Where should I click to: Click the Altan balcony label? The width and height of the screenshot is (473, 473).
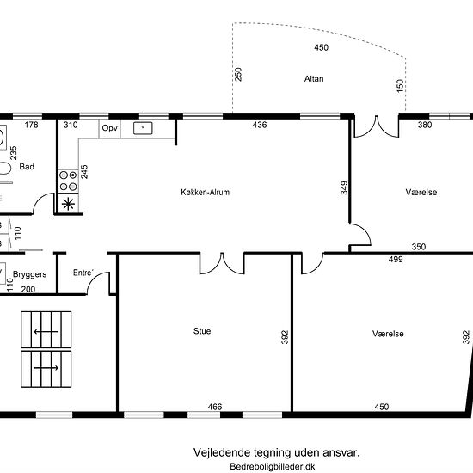click(x=314, y=79)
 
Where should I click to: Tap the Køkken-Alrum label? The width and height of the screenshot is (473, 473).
click(x=206, y=192)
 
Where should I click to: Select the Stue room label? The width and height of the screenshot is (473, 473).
click(x=202, y=331)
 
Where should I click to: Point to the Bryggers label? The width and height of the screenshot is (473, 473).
click(x=29, y=274)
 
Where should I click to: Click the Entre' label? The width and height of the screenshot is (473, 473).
click(x=83, y=273)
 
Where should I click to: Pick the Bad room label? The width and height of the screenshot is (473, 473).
click(x=27, y=167)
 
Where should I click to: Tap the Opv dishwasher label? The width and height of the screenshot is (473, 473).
click(x=109, y=128)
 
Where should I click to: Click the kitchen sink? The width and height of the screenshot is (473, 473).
click(x=143, y=128)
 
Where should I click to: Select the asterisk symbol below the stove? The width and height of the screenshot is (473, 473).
click(x=68, y=204)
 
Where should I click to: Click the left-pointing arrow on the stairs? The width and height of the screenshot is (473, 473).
click(x=46, y=332)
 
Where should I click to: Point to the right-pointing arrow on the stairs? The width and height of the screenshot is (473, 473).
click(x=46, y=368)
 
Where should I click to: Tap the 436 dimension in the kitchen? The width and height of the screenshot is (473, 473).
click(x=260, y=125)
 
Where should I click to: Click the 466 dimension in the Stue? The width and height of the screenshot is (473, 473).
click(x=215, y=407)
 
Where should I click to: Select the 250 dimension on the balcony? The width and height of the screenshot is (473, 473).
click(x=238, y=74)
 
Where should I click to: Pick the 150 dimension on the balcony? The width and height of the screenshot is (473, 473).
click(x=400, y=86)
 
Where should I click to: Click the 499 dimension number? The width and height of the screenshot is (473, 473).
click(x=396, y=259)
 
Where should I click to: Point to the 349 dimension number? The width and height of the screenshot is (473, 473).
click(x=344, y=187)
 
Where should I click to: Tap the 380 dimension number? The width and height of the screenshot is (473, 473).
click(x=425, y=125)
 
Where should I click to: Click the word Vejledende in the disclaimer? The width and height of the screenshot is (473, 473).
click(x=222, y=452)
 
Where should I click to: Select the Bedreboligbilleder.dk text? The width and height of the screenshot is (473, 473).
click(x=273, y=466)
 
